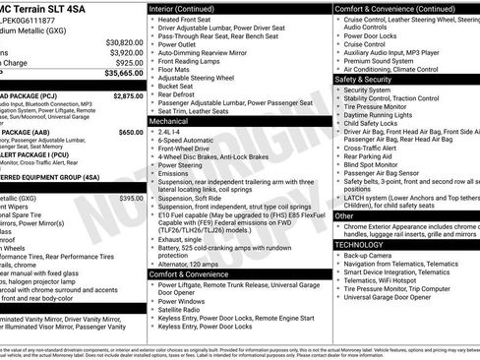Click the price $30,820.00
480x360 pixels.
point(124,43)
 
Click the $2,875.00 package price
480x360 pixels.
point(128,96)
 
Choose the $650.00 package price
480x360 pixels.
point(131,131)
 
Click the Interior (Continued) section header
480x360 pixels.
point(189,8)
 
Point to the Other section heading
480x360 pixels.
point(344,215)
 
